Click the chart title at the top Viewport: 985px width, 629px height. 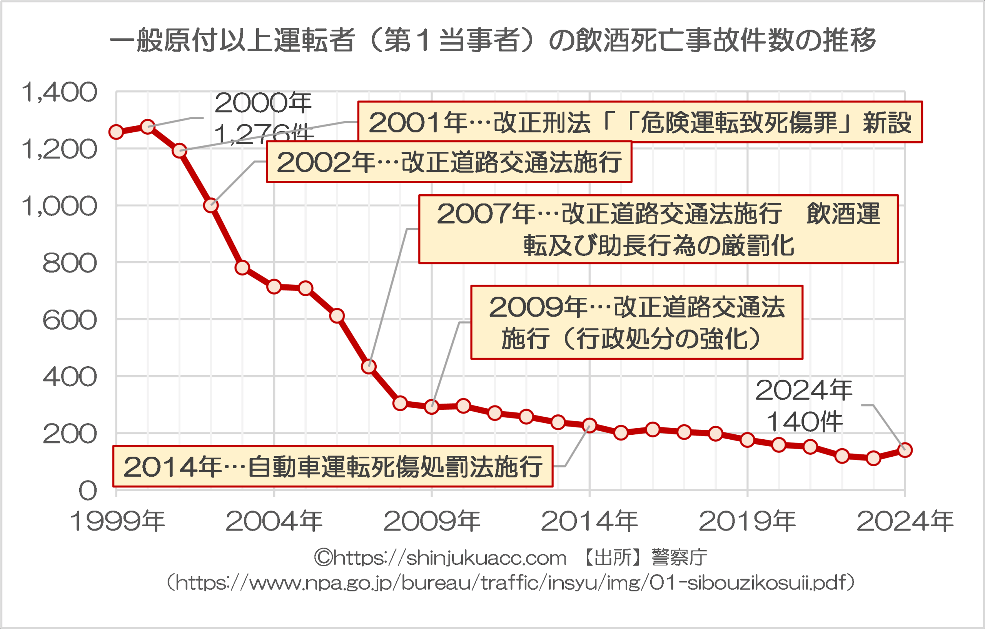492,40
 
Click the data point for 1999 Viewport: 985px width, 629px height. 116,132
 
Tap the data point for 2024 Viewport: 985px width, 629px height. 905,450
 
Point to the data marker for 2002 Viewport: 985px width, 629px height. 211,205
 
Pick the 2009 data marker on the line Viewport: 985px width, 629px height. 432,407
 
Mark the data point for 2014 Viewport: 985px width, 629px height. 589,425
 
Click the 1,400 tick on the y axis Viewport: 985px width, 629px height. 60,92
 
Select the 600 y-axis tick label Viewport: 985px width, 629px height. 70,320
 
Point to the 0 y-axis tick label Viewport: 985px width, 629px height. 88,491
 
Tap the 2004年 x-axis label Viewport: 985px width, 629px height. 274,521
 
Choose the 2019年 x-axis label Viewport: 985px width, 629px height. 747,521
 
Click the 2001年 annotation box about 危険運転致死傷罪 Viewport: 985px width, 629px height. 640,122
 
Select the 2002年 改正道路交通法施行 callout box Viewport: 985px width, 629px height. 449,162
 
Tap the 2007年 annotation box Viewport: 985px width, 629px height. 659,229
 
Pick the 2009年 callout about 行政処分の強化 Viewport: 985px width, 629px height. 637,322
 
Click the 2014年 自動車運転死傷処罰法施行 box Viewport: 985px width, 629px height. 333,466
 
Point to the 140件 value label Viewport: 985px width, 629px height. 804,422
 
